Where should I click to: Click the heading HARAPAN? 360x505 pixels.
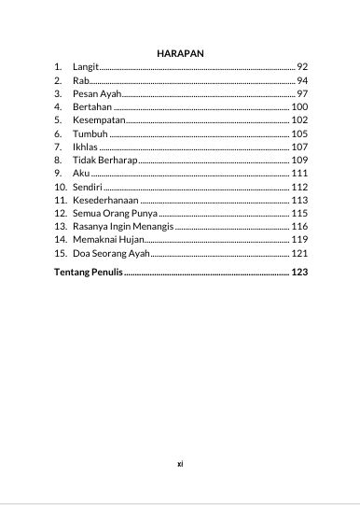181,53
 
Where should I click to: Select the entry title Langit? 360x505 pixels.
85,67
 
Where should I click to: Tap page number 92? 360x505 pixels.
302,67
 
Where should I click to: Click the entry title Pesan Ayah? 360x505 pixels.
97,94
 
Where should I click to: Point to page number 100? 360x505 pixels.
299,107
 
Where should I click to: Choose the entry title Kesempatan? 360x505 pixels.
97,120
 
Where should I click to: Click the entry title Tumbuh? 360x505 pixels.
90,133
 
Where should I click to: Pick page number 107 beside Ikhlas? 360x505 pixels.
299,147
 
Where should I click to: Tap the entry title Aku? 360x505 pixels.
81,174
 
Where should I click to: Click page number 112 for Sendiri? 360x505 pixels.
299,187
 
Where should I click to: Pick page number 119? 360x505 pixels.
299,240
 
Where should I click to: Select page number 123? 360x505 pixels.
299,273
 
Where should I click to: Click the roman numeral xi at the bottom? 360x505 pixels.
180,462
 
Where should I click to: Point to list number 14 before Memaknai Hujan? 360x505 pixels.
60,240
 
